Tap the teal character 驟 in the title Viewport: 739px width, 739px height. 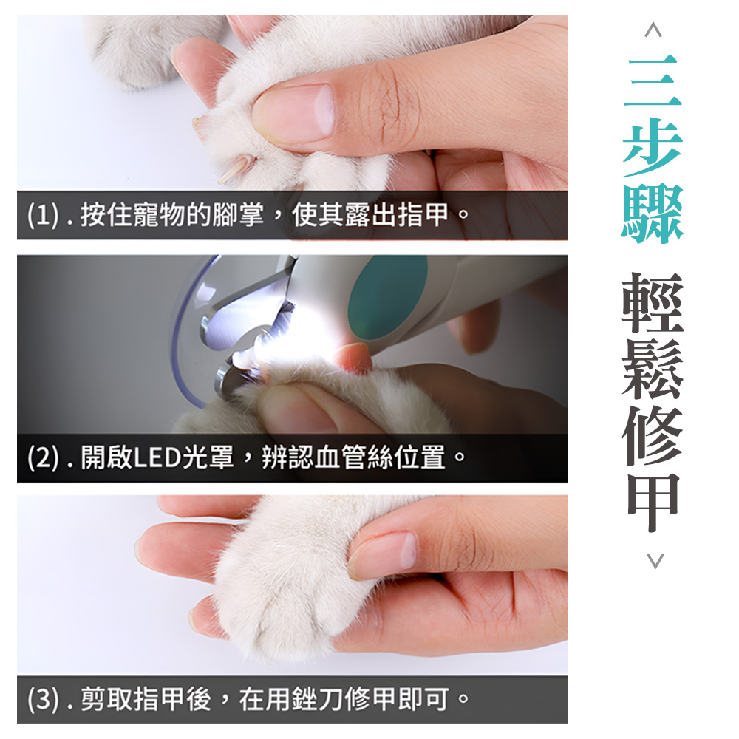[x=653, y=214]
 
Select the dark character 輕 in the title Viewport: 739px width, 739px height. [x=653, y=303]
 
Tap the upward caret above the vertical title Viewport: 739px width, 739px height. [x=653, y=30]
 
